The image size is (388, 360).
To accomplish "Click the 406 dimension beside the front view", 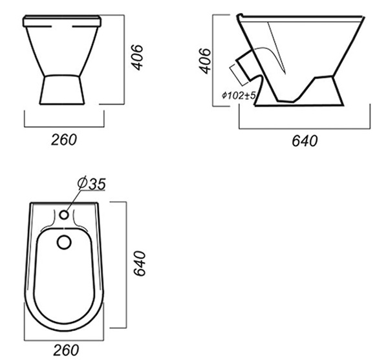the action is tap(137, 58).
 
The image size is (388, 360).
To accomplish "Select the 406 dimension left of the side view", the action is tap(205, 61).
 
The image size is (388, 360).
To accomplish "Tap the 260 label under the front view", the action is tap(64, 140).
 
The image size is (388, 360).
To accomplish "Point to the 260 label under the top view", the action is tap(66, 350).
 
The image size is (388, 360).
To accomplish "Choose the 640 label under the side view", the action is tap(305, 141).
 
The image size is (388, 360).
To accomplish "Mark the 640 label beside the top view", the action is tap(140, 264).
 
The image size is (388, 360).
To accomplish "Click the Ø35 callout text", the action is tap(92, 184).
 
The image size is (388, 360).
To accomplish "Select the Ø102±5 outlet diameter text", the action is tap(239, 95).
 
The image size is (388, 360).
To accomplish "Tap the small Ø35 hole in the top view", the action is tap(64, 215).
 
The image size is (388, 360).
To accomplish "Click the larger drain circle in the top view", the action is tap(64, 242).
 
